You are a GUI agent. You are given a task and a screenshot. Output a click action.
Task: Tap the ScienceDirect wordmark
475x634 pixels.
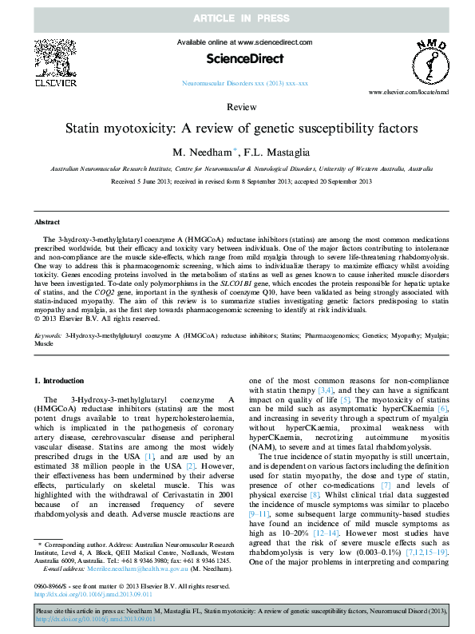[237, 57]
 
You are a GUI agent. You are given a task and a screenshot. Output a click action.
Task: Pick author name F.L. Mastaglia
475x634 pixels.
[275, 153]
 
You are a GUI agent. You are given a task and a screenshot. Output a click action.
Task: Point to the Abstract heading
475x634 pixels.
[48, 221]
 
